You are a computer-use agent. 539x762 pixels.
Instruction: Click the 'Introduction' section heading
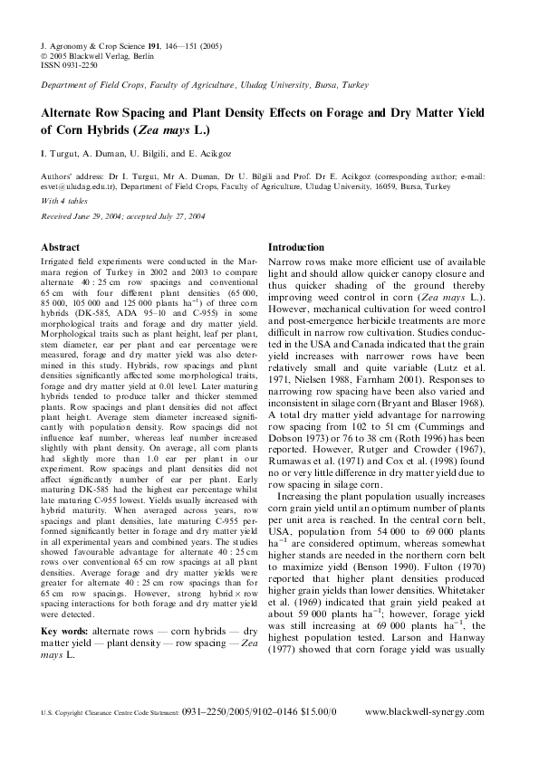click(x=296, y=247)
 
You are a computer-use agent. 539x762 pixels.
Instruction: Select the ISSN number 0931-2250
click(x=78, y=63)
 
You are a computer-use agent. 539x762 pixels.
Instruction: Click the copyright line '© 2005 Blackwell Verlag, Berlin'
click(x=99, y=54)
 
